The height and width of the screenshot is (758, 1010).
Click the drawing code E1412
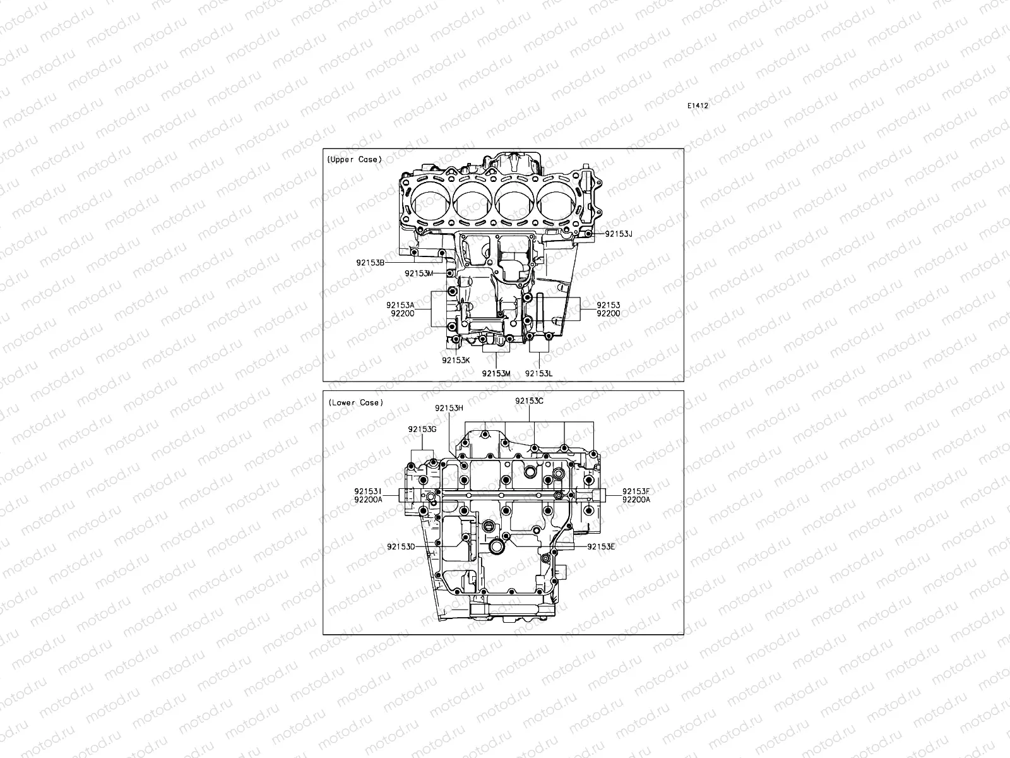(698, 106)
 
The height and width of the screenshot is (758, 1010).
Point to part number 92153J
(619, 234)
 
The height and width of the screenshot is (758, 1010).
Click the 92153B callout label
(370, 261)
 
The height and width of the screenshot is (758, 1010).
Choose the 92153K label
(456, 360)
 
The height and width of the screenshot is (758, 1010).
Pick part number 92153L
(539, 373)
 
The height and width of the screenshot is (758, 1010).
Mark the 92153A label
(400, 305)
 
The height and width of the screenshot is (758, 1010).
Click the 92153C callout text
(529, 400)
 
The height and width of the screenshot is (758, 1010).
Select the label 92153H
(449, 408)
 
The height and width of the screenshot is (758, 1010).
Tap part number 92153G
(422, 430)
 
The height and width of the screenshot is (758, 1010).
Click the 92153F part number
(636, 491)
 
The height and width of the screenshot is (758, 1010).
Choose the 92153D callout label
(401, 546)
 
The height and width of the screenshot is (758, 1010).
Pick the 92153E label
(601, 546)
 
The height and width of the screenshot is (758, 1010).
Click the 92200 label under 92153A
(402, 313)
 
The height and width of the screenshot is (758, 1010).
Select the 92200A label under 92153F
(636, 499)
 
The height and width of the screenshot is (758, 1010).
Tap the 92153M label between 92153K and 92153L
(496, 373)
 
